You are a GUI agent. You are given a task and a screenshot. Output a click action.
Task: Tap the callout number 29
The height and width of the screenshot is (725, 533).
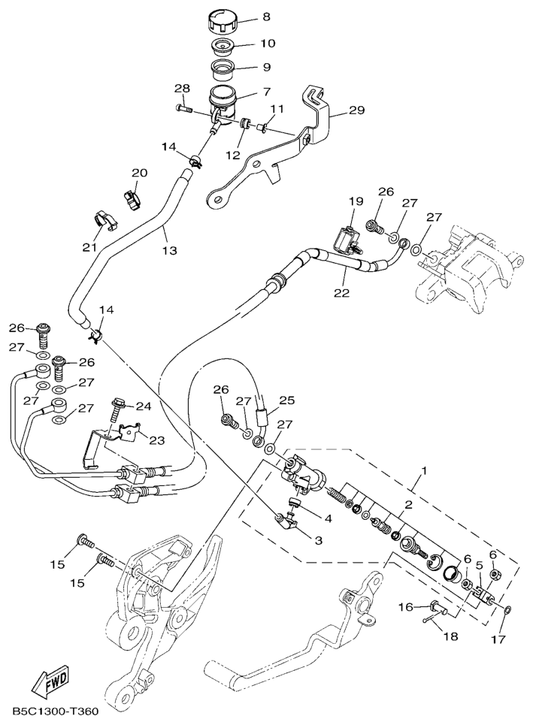pos(356,110)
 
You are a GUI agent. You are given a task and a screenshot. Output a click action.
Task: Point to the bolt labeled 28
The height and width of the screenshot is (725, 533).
pos(183,110)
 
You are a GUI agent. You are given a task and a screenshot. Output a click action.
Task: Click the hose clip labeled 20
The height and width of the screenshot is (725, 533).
pos(133,198)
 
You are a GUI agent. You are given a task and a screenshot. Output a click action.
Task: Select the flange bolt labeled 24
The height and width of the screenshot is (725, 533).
pos(118,410)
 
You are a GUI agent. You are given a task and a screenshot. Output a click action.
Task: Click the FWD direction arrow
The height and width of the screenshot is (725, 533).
pos(50,683)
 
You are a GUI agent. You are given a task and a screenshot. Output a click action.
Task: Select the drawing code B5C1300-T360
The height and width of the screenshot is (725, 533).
pos(55,711)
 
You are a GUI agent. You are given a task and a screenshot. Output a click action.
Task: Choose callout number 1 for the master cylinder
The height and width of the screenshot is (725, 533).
pos(424,471)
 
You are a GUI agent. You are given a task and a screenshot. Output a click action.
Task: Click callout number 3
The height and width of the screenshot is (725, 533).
pos(318,539)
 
